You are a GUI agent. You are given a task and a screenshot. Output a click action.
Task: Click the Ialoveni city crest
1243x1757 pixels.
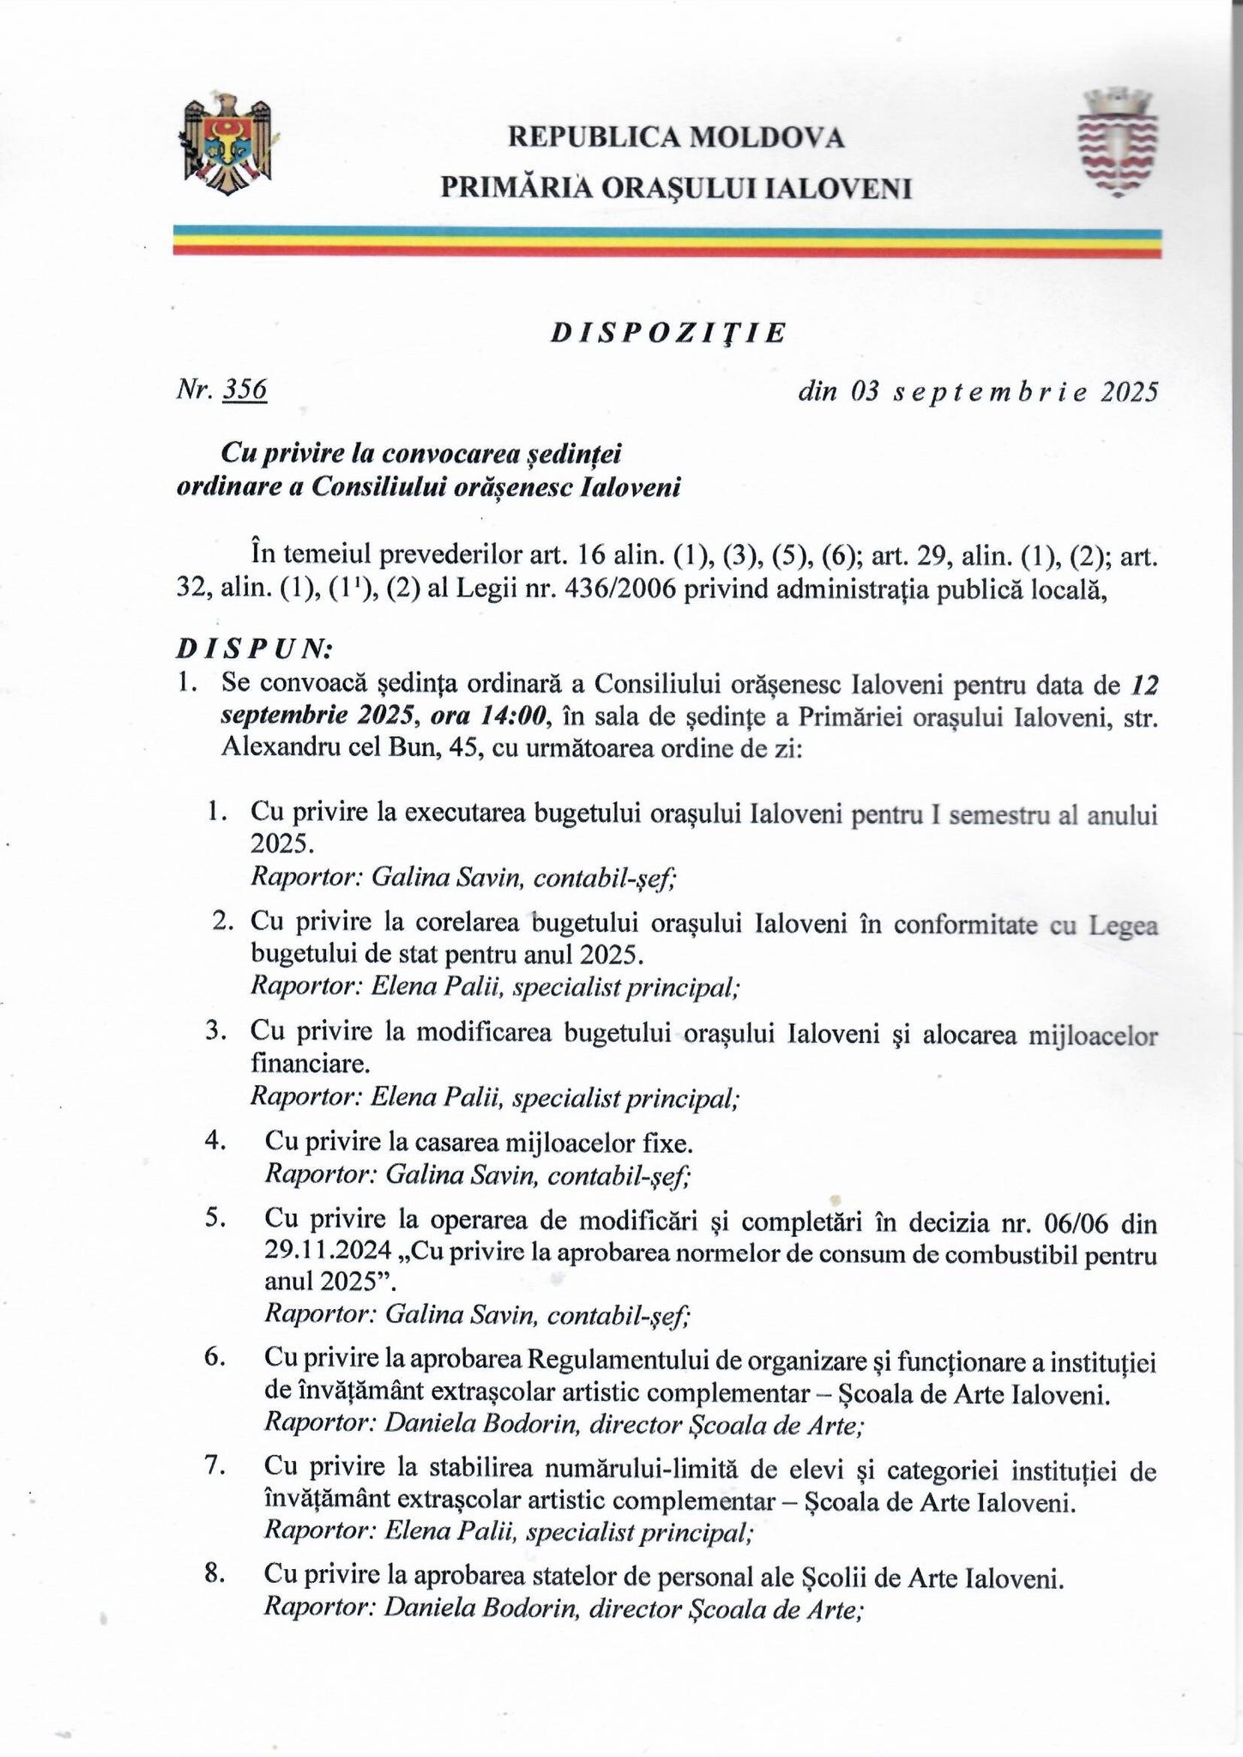tap(1118, 142)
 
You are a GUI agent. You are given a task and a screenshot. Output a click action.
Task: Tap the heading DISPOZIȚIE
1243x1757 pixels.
tap(667, 334)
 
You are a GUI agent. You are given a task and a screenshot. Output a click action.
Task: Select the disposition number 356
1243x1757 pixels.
tap(245, 390)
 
